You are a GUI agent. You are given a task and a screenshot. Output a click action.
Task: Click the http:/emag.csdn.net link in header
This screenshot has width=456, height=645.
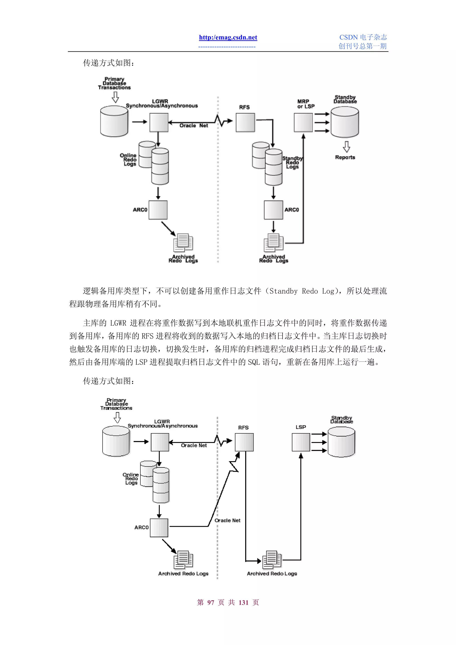(228, 37)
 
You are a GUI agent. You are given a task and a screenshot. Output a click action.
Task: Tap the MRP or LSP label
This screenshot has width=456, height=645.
(305, 104)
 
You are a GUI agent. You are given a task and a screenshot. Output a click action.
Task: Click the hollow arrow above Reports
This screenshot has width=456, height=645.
(346, 147)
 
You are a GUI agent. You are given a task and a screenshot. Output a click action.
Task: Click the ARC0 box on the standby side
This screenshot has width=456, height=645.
(273, 210)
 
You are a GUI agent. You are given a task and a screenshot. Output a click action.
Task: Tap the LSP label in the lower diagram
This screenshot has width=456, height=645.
(300, 427)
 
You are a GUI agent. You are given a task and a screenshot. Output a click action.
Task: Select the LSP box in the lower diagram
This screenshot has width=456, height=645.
(301, 442)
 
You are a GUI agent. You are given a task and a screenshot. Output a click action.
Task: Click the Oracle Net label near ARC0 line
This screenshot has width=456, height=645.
(227, 520)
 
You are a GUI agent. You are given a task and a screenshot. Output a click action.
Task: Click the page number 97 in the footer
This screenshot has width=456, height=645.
(210, 602)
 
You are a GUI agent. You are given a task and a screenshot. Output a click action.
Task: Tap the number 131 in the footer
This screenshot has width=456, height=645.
(243, 602)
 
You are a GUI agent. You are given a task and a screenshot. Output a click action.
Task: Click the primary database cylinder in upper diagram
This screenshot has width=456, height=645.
(114, 121)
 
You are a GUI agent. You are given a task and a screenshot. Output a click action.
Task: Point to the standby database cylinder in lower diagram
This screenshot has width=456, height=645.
(341, 442)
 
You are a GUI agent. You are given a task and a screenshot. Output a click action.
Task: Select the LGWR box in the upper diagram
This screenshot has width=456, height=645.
(159, 122)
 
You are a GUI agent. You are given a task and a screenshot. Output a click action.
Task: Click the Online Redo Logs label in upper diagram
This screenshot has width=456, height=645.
(128, 160)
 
